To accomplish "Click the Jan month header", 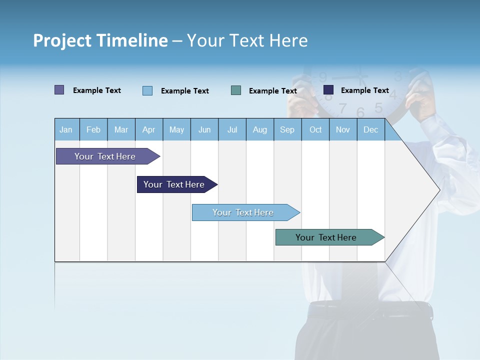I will (66, 129).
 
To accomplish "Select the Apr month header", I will (149, 129).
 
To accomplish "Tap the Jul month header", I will (232, 129).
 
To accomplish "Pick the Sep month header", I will (287, 129).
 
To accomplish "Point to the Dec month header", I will (370, 129).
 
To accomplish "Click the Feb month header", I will (93, 129).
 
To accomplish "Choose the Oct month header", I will (315, 129).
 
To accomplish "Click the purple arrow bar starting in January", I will (105, 156).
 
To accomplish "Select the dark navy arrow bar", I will (174, 184).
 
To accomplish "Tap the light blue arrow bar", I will (243, 212).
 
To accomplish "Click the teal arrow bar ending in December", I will (326, 237).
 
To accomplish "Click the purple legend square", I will (59, 90).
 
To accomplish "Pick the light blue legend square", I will (147, 90).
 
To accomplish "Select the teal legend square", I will (236, 90).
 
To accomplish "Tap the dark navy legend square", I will (328, 90).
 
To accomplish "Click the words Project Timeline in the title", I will (100, 40).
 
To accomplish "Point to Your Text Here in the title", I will (247, 40).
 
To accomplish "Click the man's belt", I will (370, 310).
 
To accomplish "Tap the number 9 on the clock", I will (323, 77).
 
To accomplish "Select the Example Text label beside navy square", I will (364, 90).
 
